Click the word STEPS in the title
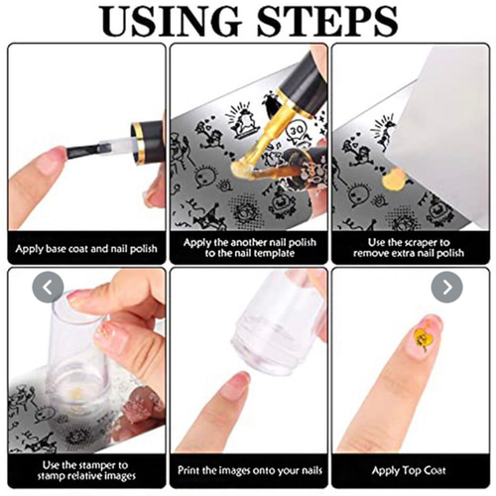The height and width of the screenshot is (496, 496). (x=327, y=21)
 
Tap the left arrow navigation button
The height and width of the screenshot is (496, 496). (x=48, y=287)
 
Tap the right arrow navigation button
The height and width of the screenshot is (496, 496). (x=447, y=287)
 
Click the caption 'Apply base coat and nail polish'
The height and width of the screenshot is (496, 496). (x=86, y=249)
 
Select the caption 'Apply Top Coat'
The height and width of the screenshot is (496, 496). (x=409, y=470)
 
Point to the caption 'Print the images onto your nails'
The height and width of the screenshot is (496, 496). (x=250, y=470)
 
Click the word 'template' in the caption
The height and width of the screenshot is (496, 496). (x=268, y=253)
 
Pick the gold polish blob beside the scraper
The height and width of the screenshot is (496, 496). (x=394, y=181)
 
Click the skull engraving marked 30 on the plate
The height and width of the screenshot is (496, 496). (x=297, y=132)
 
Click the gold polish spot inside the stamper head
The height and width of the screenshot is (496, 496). (x=76, y=393)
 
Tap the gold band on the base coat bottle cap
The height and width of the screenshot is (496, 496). (x=138, y=143)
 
